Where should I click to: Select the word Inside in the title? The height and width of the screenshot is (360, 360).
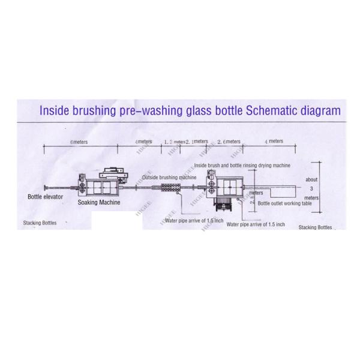(56, 110)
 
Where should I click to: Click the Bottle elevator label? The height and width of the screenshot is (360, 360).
(45, 196)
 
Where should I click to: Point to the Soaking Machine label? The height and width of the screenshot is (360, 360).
(98, 202)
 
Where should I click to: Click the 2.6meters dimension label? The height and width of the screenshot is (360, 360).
(229, 142)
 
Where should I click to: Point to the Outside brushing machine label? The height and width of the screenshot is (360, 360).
(170, 178)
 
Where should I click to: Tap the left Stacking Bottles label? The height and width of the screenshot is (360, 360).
(40, 223)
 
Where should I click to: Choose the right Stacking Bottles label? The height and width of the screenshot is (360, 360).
(315, 227)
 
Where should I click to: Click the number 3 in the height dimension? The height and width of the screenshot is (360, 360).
(311, 188)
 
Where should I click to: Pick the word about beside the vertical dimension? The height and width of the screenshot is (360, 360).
(311, 179)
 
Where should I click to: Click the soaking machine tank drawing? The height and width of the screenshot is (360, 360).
(98, 187)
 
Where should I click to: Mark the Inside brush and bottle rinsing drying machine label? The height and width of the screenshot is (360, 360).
(242, 164)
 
